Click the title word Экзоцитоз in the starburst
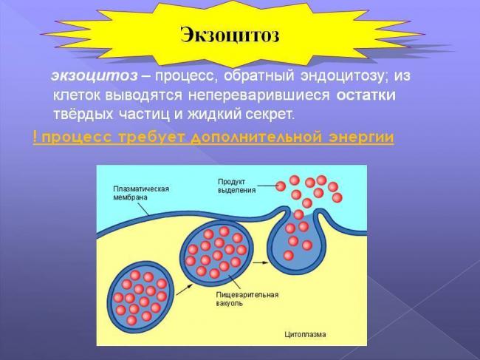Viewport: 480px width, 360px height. tap(230, 34)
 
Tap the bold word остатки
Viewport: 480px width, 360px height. tap(366, 96)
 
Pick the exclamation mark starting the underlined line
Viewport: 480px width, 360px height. tap(35, 137)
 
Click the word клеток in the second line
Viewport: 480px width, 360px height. tap(73, 96)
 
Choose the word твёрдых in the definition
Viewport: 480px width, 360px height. tap(79, 115)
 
